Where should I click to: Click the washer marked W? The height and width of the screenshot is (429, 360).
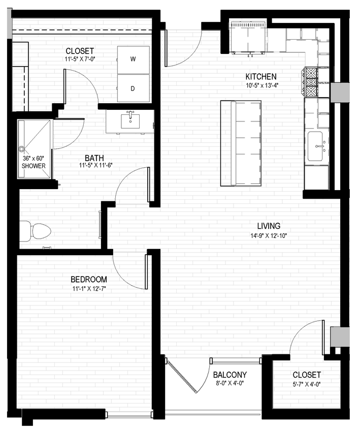[134, 60]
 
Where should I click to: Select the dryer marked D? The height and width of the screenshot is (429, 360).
[134, 88]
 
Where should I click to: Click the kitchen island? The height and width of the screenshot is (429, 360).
[241, 143]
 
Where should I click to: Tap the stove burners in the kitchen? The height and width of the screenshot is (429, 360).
[311, 82]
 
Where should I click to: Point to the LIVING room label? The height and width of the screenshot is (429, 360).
[269, 226]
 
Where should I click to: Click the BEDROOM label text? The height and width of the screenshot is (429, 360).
[88, 279]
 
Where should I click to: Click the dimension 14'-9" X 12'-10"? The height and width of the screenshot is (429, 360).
[269, 235]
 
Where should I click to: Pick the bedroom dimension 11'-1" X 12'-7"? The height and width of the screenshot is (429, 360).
[88, 288]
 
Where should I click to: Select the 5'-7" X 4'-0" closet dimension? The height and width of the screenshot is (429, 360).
[307, 384]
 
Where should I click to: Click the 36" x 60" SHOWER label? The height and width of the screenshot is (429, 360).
[34, 162]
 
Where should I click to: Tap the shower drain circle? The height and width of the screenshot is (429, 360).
[22, 149]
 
